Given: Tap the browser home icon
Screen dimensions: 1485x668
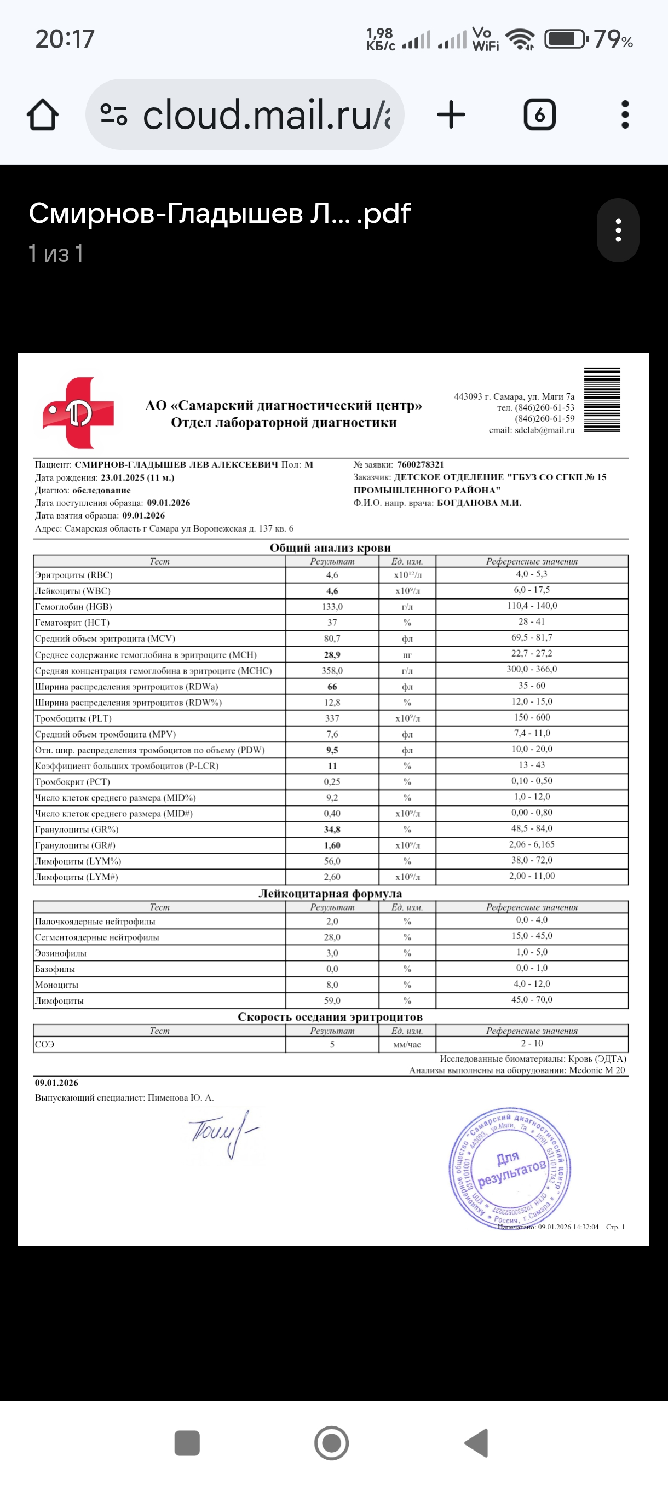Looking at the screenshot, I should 43,115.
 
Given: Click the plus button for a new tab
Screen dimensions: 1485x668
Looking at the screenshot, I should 451,115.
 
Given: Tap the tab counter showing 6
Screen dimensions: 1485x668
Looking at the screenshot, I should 539,115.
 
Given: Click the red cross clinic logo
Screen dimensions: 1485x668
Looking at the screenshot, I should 78,413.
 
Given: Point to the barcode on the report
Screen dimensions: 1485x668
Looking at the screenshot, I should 602,400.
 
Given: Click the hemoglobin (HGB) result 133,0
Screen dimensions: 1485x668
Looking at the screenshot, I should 332,607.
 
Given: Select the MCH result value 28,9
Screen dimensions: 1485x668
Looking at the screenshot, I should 332,655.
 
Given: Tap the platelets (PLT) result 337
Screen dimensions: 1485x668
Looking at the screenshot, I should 332,718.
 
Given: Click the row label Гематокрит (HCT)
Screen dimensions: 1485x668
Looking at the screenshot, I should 72,623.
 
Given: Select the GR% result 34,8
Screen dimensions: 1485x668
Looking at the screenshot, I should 332,830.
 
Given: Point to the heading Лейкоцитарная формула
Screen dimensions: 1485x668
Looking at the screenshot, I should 330,894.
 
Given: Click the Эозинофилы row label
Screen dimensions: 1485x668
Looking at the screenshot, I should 61,953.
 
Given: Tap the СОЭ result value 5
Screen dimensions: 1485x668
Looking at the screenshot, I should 332,1044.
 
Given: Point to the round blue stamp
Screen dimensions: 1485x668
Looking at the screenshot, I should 510,1168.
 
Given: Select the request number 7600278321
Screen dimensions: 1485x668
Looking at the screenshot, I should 420,465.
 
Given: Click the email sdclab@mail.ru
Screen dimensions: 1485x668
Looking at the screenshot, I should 544,430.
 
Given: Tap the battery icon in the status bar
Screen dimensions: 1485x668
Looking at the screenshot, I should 566,39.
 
